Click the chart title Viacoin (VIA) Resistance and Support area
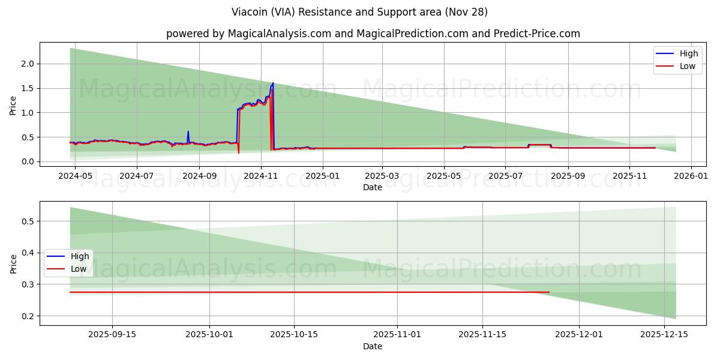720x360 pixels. coord(359,12)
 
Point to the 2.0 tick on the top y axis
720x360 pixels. coord(28,64)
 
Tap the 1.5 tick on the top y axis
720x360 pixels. coord(28,88)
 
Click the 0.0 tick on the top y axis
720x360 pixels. coord(28,161)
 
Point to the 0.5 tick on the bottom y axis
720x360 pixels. coord(28,221)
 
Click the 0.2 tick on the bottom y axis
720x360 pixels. coord(28,316)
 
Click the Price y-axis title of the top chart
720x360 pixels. coord(13,105)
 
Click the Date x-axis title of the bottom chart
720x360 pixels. coord(372,346)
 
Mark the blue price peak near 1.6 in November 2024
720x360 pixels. coord(273,83)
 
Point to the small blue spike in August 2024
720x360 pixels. coord(188,132)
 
